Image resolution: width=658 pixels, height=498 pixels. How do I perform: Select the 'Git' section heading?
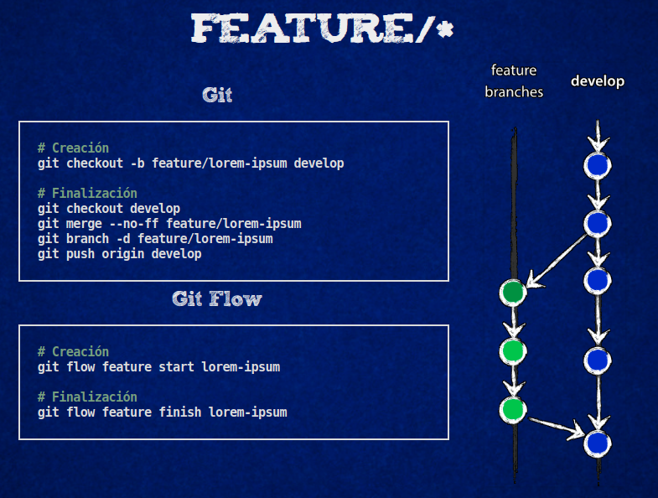[217, 95]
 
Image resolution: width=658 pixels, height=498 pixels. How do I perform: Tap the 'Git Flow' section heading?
[217, 298]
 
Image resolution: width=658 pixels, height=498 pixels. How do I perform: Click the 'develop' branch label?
[598, 81]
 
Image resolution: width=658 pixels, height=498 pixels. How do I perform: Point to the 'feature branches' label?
[514, 81]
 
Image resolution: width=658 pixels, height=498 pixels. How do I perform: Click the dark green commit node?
[513, 292]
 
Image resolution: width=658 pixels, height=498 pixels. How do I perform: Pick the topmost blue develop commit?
[597, 165]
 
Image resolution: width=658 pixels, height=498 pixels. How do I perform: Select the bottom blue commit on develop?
[597, 442]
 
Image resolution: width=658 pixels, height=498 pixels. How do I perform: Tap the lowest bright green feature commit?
[513, 409]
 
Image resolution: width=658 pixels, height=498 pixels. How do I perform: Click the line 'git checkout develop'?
[109, 208]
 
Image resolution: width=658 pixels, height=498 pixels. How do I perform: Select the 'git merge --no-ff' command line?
[169, 223]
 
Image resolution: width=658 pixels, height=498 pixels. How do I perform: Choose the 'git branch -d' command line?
[155, 238]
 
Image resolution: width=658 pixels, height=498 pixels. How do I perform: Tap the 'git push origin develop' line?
[120, 253]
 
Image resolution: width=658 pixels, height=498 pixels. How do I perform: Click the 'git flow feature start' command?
[158, 366]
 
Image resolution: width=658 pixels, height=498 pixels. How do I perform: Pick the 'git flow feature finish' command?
[162, 412]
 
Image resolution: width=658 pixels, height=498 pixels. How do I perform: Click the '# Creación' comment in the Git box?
[73, 148]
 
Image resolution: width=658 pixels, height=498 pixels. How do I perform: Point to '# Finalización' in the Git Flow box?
[87, 397]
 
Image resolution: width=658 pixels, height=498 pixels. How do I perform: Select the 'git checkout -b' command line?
[190, 163]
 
